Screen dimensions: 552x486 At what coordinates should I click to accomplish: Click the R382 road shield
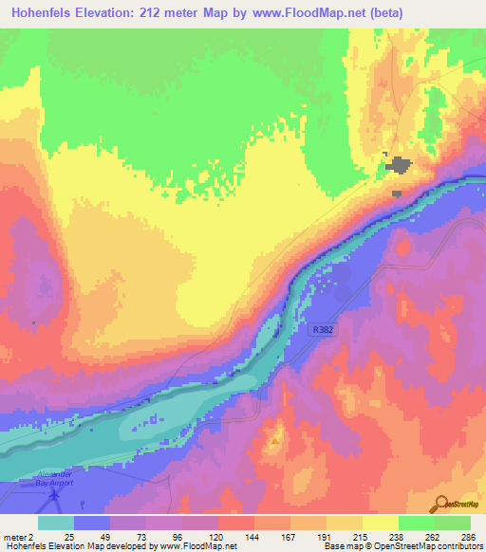tap(321, 329)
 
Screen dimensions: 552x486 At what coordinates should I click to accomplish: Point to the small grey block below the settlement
tap(397, 193)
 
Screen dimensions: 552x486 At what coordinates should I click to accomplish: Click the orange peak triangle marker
tap(276, 441)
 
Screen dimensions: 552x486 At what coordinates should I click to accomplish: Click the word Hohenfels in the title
tap(47, 13)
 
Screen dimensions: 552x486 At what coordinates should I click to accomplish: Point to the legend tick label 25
tap(69, 537)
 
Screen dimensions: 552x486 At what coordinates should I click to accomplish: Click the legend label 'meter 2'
tap(20, 537)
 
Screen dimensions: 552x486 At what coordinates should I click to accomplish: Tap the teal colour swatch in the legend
tap(56, 523)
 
